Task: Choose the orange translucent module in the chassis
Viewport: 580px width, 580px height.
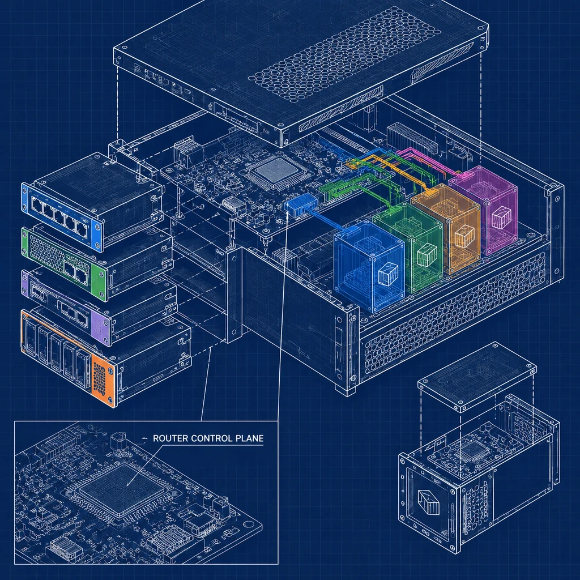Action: click(x=446, y=228)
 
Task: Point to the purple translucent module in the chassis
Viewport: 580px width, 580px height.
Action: click(x=483, y=210)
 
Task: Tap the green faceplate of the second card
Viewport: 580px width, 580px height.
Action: click(x=63, y=263)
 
